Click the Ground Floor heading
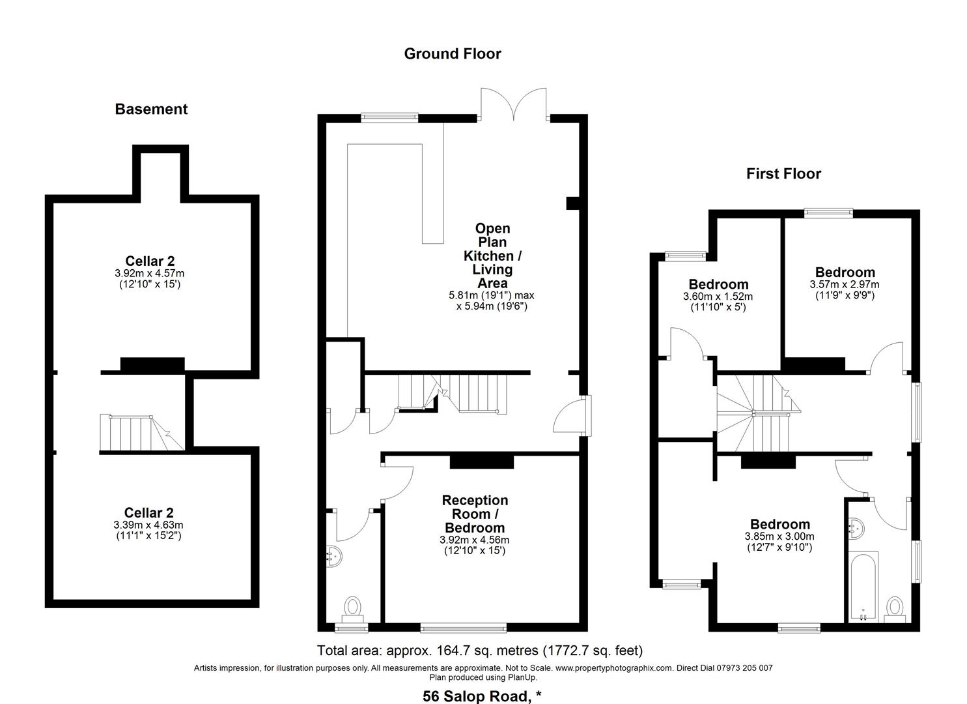tap(453, 53)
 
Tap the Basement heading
tap(151, 109)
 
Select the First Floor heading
tap(783, 173)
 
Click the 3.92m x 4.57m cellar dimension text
tap(150, 274)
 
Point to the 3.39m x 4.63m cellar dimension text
tap(149, 525)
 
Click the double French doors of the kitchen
tap(513, 104)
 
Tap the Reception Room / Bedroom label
tap(475, 514)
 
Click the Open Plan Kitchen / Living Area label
tap(492, 256)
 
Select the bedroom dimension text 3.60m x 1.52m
tap(718, 297)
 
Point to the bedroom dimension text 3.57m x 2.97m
tap(844, 285)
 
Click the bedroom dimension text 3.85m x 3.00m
tap(779, 536)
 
